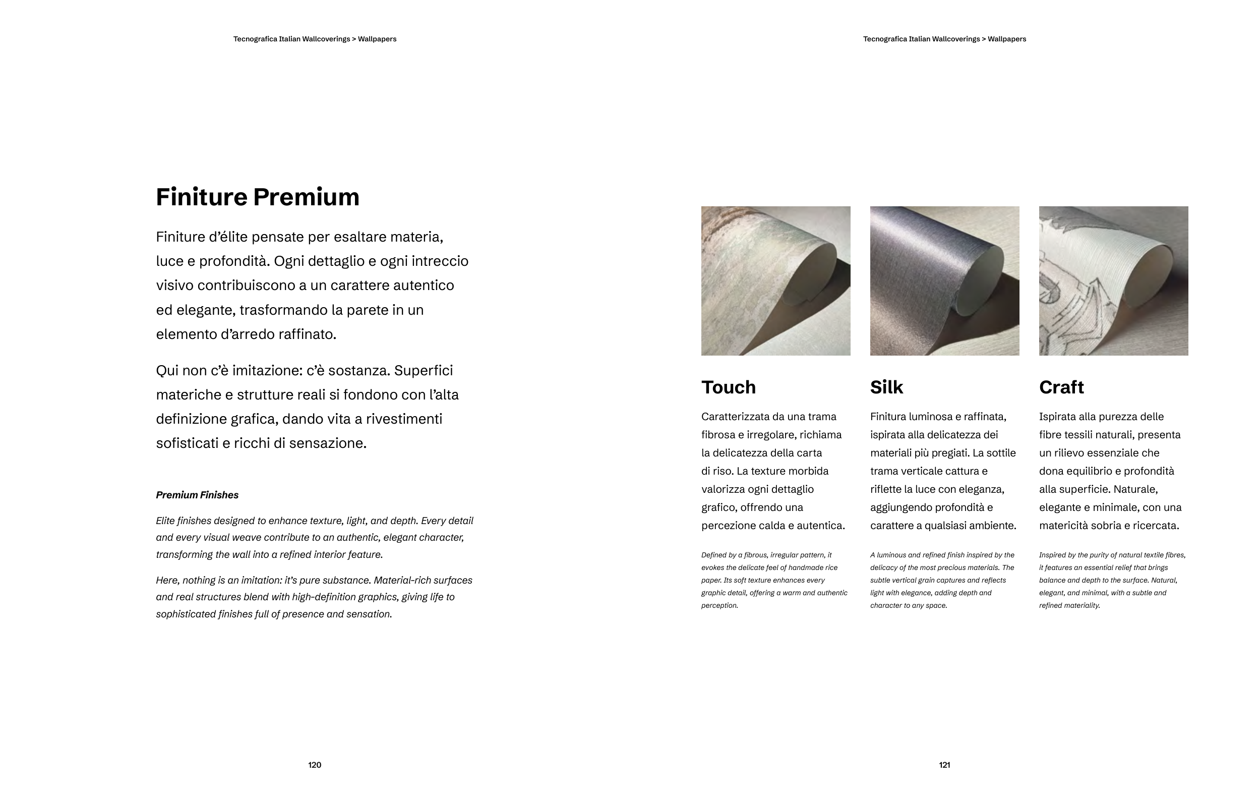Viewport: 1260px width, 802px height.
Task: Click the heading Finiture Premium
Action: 258,197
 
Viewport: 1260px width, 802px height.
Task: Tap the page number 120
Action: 315,765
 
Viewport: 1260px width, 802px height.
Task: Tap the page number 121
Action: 944,765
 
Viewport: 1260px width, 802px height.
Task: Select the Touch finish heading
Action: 729,387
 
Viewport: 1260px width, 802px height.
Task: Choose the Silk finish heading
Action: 886,387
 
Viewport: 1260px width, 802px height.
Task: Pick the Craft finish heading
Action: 1061,387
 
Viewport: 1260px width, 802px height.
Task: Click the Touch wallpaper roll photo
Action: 775,280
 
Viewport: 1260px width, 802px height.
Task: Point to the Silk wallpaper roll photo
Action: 944,280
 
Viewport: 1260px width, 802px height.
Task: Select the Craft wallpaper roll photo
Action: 1113,280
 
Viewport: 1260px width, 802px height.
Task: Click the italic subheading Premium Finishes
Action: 197,495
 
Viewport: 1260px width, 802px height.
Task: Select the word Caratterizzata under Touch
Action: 735,417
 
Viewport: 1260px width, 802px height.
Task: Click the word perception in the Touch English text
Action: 719,606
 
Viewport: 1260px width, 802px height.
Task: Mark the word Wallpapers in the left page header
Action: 377,39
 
